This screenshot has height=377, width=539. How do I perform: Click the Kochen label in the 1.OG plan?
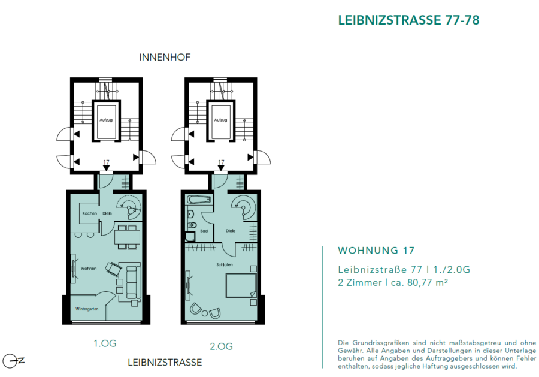pyautogui.click(x=89, y=213)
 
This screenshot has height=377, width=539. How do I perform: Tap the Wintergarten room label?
pyautogui.click(x=87, y=309)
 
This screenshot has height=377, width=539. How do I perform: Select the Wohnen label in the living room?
pyautogui.click(x=89, y=269)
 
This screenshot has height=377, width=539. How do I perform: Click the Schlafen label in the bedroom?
pyautogui.click(x=225, y=264)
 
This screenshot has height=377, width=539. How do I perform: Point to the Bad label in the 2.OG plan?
pyautogui.click(x=204, y=231)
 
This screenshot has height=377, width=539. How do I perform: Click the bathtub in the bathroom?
pyautogui.click(x=199, y=200)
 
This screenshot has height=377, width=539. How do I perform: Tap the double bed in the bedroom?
pyautogui.click(x=241, y=285)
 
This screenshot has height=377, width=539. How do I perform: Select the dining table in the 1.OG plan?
pyautogui.click(x=127, y=237)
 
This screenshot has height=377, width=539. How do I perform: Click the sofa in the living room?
pyautogui.click(x=134, y=282)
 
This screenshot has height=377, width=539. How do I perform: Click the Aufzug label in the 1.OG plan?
pyautogui.click(x=106, y=120)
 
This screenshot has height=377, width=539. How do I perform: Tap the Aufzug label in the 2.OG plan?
pyautogui.click(x=220, y=120)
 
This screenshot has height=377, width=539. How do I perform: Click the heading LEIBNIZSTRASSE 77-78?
pyautogui.click(x=408, y=20)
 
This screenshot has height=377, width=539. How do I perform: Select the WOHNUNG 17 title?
pyautogui.click(x=376, y=251)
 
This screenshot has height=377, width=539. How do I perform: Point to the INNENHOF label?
pyautogui.click(x=165, y=57)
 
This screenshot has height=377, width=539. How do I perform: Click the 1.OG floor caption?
pyautogui.click(x=105, y=343)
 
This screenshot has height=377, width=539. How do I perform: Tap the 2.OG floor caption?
pyautogui.click(x=222, y=346)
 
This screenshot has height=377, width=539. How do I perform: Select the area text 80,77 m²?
pyautogui.click(x=427, y=282)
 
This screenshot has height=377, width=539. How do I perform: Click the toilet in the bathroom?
pyautogui.click(x=192, y=225)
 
